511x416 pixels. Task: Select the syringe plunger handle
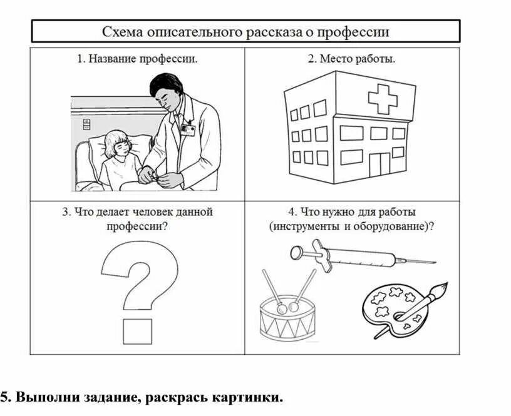pyautogui.click(x=297, y=252)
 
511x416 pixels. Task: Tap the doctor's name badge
pyautogui.click(x=187, y=129)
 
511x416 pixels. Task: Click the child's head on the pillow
pyautogui.click(x=117, y=145)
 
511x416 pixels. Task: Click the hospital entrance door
pyautogui.click(x=378, y=165)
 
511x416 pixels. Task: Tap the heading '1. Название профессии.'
pyautogui.click(x=137, y=59)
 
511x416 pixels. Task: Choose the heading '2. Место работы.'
pyautogui.click(x=351, y=59)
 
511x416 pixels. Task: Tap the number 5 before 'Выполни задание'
pyautogui.click(x=4, y=398)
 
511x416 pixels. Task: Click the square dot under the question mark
pyautogui.click(x=137, y=331)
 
